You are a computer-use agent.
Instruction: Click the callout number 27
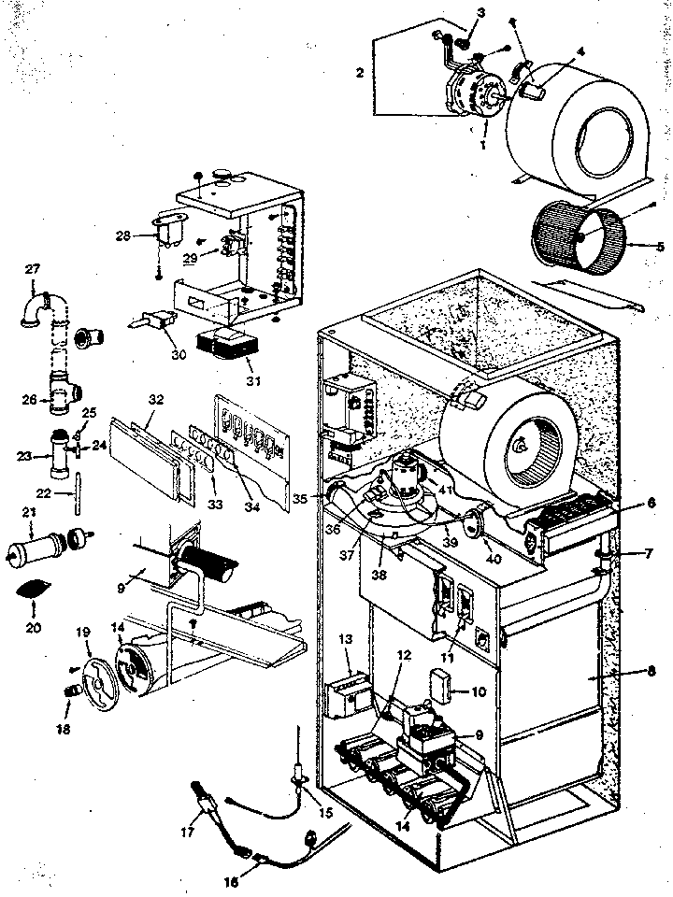32,269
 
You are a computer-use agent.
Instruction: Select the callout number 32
155,399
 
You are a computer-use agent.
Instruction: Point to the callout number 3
480,12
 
